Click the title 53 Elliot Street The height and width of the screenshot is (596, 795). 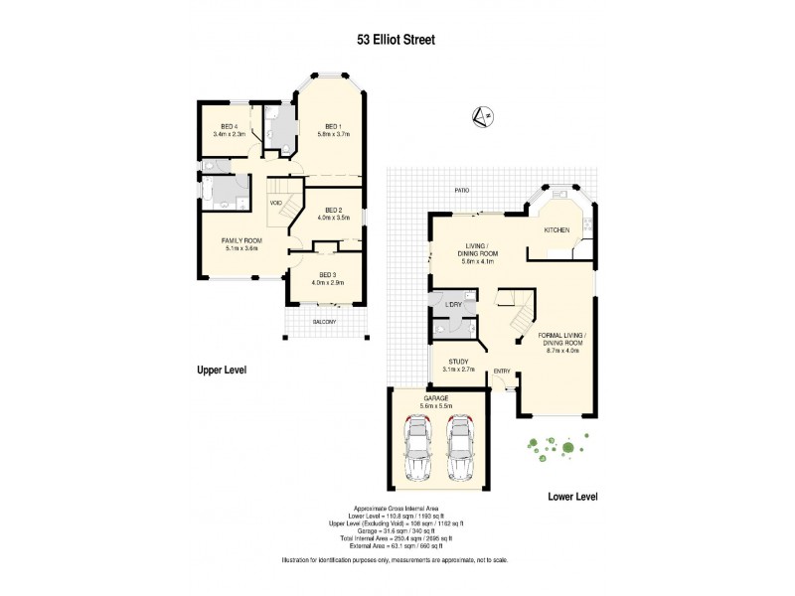coord(397,41)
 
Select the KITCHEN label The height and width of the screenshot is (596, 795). coord(556,230)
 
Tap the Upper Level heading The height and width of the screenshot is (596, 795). coord(221,370)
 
